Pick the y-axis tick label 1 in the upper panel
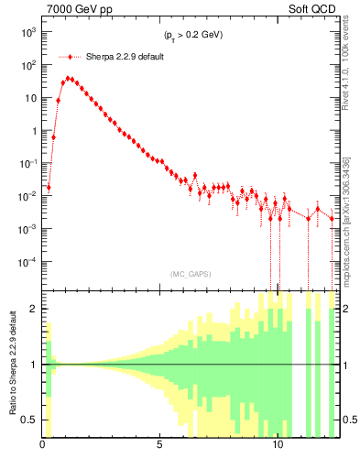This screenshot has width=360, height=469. [x=33, y=131]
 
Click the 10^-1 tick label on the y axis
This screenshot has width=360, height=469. [x=27, y=163]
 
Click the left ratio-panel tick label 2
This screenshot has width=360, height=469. [x=33, y=309]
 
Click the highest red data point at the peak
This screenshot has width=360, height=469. [x=68, y=79]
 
